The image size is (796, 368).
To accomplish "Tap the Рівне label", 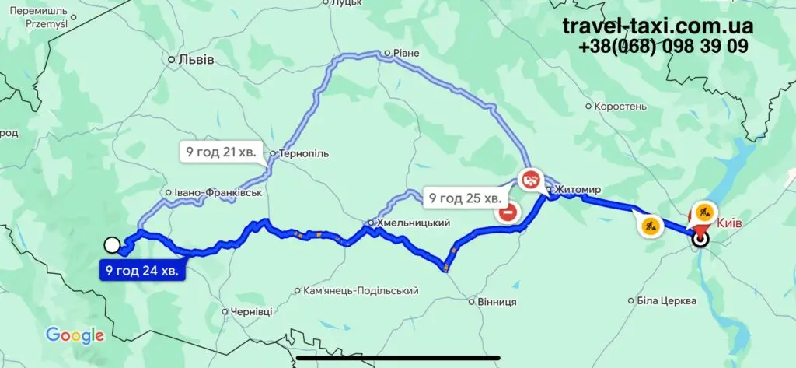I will [406, 54].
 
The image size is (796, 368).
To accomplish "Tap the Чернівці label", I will [251, 311].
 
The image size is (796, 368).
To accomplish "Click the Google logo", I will [75, 335].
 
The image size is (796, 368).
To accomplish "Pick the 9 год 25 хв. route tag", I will [464, 198].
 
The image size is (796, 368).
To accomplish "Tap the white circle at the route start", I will [112, 245].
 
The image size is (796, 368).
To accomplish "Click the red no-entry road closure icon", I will [508, 212].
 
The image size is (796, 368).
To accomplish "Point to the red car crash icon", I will [531, 179].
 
